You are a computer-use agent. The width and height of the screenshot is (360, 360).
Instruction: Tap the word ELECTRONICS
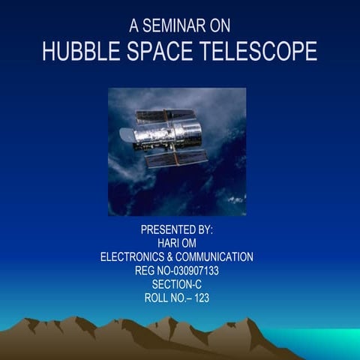136,256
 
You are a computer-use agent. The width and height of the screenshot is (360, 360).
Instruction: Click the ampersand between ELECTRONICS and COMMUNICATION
178,256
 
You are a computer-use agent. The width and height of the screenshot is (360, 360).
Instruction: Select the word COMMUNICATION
219,256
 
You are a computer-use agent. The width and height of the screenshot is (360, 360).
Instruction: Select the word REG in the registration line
147,270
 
